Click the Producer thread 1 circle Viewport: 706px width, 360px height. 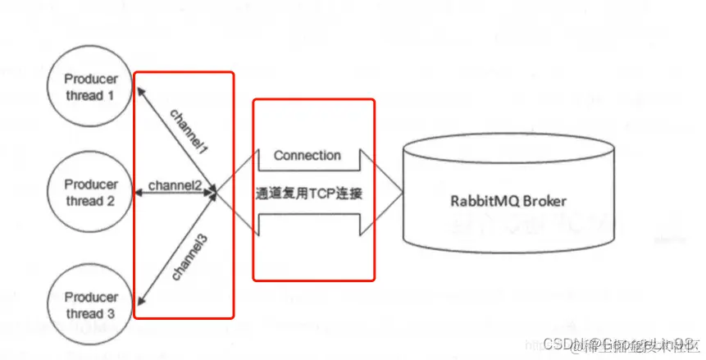coord(91,87)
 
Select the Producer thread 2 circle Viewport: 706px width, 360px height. coord(91,192)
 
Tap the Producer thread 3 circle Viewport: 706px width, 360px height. coord(91,305)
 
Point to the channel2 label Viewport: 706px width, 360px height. coord(175,186)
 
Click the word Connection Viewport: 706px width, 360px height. coord(307,155)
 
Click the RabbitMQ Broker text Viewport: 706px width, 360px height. coord(508,200)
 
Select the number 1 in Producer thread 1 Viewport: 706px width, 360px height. coord(111,95)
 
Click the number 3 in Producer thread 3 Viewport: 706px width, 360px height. coord(111,313)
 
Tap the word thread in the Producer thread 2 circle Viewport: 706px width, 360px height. coord(84,200)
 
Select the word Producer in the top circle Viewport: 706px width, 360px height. coord(91,80)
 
